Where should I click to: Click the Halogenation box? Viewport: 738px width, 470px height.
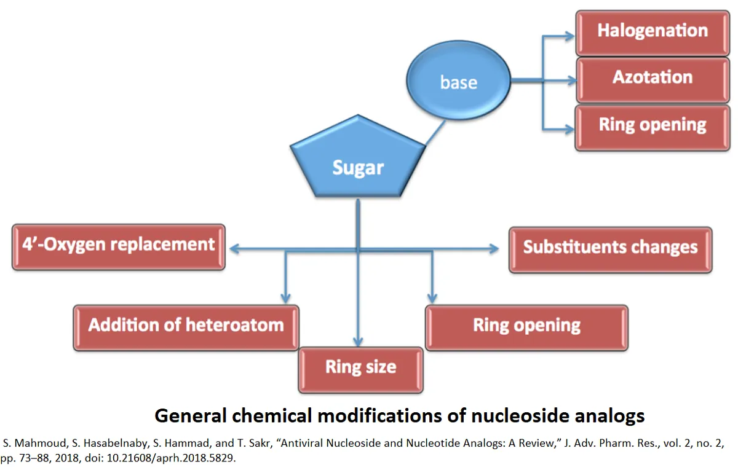pos(653,31)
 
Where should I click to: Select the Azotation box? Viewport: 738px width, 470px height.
pos(653,78)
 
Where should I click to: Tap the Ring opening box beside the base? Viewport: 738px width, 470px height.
pos(653,126)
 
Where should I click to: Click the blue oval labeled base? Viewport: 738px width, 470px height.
pos(459,81)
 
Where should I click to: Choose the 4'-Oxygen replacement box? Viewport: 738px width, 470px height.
pos(118,246)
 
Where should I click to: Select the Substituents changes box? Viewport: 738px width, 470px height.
pos(610,248)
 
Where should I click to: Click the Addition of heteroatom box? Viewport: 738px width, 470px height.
pos(186,326)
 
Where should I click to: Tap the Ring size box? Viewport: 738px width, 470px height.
pos(360,369)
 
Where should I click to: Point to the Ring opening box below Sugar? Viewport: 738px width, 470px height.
pos(526,326)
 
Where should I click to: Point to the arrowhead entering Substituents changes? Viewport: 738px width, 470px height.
pos(494,249)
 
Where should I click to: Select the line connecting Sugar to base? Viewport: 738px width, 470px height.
pos(435,133)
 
